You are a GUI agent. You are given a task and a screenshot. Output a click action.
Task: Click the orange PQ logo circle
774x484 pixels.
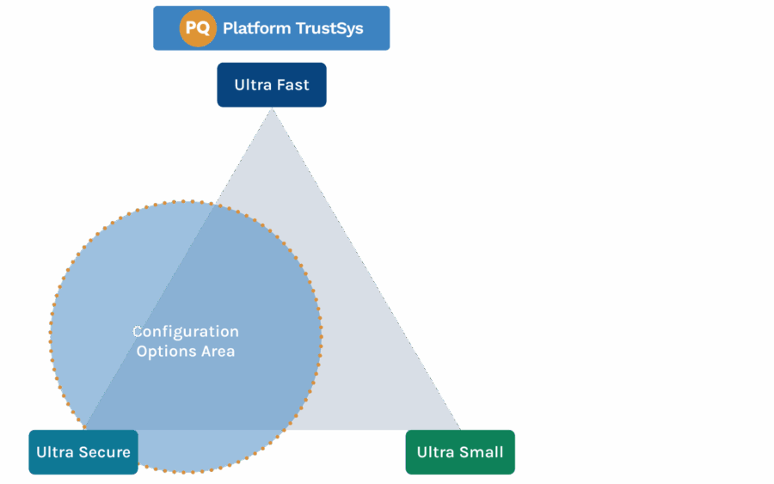(x=198, y=28)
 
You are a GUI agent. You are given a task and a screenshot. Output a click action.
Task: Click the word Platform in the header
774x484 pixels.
(x=256, y=28)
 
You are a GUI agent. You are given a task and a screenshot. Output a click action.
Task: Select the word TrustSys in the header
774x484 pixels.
(x=329, y=28)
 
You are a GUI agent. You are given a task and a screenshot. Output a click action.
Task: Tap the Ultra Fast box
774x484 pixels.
(x=271, y=85)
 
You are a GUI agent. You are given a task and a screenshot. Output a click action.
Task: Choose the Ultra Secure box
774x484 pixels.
(x=83, y=452)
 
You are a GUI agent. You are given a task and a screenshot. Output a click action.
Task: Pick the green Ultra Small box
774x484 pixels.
(x=460, y=452)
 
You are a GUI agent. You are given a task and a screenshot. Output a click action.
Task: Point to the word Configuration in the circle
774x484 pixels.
(x=186, y=332)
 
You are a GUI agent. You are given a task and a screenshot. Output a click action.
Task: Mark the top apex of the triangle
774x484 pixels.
(x=272, y=110)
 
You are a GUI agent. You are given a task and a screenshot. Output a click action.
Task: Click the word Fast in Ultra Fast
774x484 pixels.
(x=292, y=85)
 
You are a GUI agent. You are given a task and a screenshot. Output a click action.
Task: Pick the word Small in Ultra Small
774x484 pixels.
(x=482, y=452)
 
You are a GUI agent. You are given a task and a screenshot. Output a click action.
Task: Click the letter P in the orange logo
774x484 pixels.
(x=192, y=28)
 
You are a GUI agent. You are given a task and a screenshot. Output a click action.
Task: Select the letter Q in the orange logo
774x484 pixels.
(x=204, y=28)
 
